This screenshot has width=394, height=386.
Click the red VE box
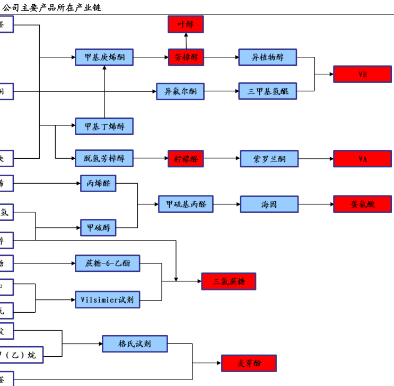(x=362, y=74)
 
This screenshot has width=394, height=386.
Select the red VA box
(x=362, y=159)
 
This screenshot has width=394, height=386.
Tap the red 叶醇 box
(x=186, y=24)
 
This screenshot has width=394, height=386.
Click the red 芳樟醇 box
(x=186, y=57)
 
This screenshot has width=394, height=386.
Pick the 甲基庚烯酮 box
(x=104, y=57)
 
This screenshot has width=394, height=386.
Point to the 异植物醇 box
(x=267, y=57)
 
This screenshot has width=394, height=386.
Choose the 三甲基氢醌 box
(x=267, y=91)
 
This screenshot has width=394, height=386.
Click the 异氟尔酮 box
(x=180, y=91)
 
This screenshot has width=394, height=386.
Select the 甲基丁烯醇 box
(x=104, y=126)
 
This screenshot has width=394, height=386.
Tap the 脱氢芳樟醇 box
(x=104, y=158)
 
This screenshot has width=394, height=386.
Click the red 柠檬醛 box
(x=186, y=158)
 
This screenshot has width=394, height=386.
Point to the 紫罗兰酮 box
(x=269, y=159)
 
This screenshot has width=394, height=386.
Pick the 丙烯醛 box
(x=98, y=183)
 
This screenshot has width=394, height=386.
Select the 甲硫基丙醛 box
(x=186, y=204)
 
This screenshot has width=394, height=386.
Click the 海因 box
(x=269, y=204)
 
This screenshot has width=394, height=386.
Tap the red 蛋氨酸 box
(x=362, y=204)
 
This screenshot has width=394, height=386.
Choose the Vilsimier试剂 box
(x=107, y=300)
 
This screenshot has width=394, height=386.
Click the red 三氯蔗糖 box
(x=229, y=281)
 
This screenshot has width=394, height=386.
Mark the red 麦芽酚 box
(x=249, y=363)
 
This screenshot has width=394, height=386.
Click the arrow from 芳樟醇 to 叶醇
(x=186, y=41)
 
